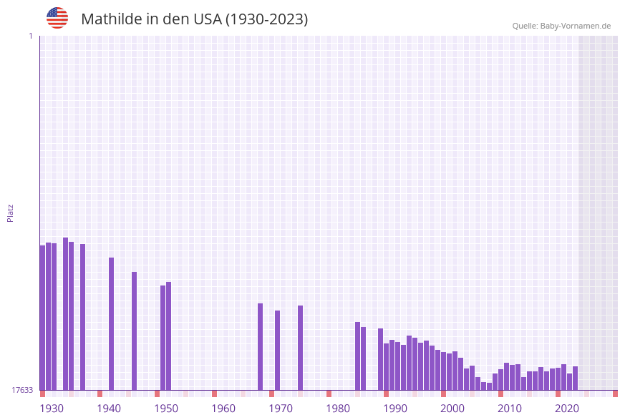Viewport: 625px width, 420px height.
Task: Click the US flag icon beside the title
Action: click(x=57, y=18)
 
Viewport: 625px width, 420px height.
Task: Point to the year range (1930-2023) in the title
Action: click(x=266, y=19)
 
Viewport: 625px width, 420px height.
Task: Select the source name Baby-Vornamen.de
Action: click(x=576, y=26)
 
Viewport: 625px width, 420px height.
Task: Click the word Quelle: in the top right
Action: click(x=525, y=26)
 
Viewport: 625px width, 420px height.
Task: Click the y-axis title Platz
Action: click(x=11, y=213)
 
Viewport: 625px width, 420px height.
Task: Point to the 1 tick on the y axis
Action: click(x=30, y=36)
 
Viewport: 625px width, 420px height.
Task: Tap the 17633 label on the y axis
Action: click(x=22, y=390)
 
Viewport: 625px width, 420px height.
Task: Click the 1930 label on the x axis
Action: click(x=52, y=409)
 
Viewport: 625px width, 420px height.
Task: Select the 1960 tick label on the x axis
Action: click(x=223, y=409)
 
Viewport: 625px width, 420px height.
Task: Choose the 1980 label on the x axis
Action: click(x=338, y=409)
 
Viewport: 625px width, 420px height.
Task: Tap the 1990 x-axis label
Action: click(x=395, y=409)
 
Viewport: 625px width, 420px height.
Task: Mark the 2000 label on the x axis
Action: click(x=452, y=409)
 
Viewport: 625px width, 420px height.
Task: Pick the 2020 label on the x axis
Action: click(x=567, y=409)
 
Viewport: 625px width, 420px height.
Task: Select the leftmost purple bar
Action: click(x=42, y=318)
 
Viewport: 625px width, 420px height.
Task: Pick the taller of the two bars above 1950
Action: click(x=168, y=336)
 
